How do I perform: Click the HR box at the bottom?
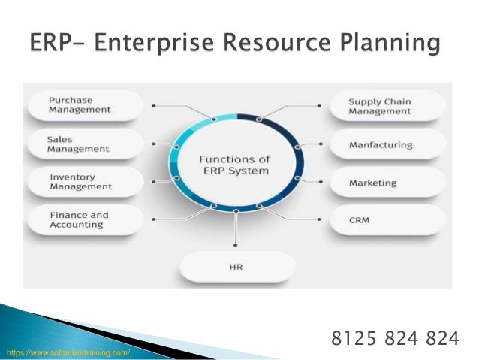[x=238, y=267]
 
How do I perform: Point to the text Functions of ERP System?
[x=234, y=165]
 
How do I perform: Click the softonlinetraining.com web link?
[x=68, y=352]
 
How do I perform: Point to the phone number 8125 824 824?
[x=394, y=339]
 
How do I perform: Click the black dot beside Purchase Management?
[x=154, y=106]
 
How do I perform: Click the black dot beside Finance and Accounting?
[x=154, y=219]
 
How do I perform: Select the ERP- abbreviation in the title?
[x=60, y=43]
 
